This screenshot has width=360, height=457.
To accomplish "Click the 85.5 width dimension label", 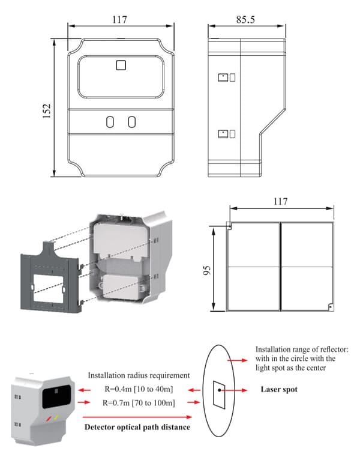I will click(246, 20).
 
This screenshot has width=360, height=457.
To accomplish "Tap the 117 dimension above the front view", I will click(119, 20).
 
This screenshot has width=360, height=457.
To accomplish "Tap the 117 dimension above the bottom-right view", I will click(280, 202).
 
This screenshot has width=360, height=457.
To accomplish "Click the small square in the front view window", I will click(121, 65).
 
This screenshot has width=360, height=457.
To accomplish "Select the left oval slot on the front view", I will click(110, 122).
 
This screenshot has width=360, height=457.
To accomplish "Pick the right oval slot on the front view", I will click(131, 122).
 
